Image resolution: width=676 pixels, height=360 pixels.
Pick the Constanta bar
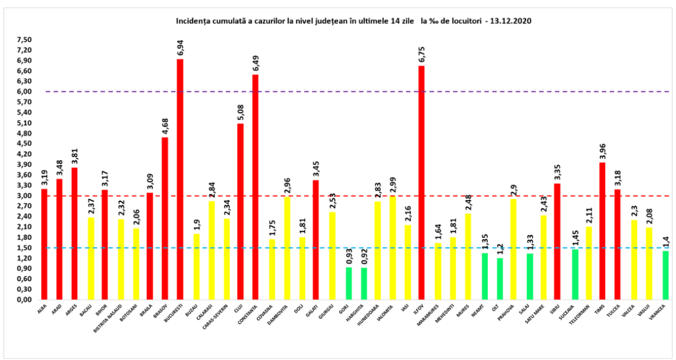[255, 186]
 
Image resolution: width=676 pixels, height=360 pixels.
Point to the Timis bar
[602, 230]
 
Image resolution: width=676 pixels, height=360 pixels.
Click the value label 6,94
[180, 48]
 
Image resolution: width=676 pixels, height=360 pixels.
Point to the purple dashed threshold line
[338, 91]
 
